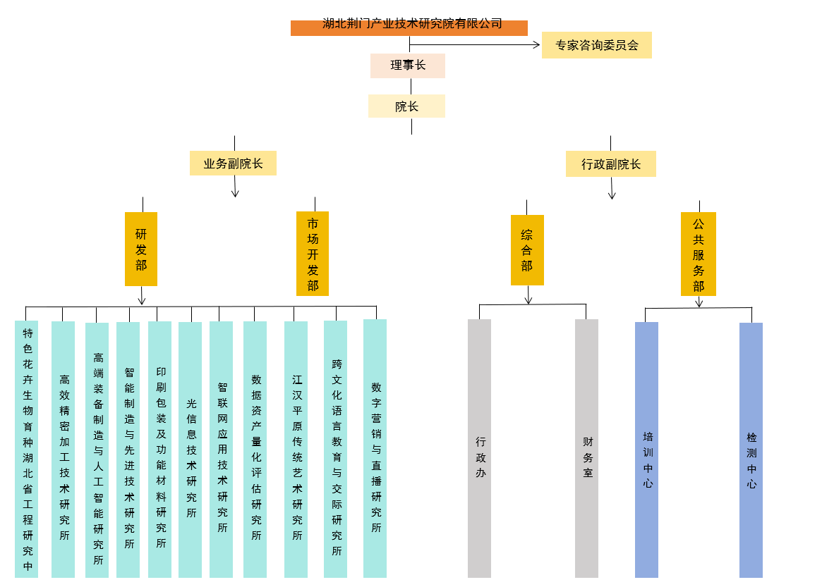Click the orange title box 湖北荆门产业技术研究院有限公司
click(409, 27)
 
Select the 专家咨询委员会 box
click(596, 45)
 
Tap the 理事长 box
click(407, 66)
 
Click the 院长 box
click(406, 106)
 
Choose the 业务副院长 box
click(233, 163)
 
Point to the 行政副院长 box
click(610, 164)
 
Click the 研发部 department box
click(141, 249)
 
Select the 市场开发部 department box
click(313, 254)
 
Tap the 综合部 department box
click(527, 250)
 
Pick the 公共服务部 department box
click(698, 254)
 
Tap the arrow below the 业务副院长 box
click(235, 192)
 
